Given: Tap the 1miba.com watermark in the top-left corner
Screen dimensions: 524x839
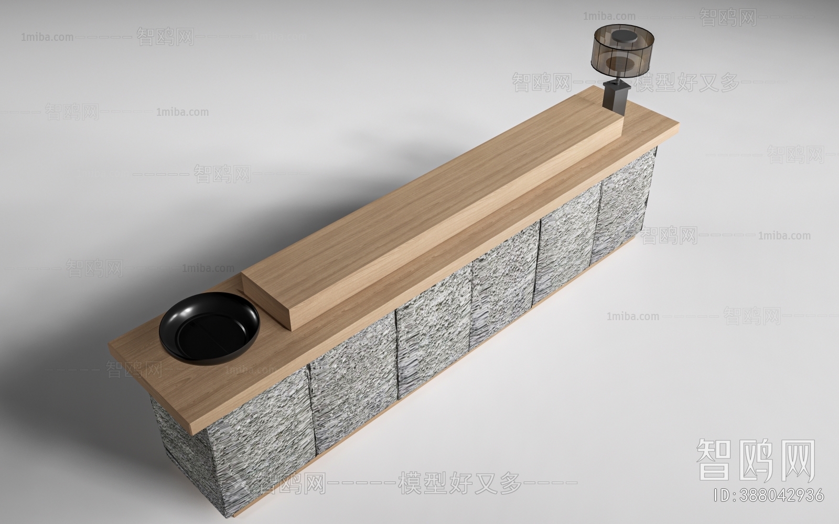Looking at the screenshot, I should (x=47, y=37).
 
